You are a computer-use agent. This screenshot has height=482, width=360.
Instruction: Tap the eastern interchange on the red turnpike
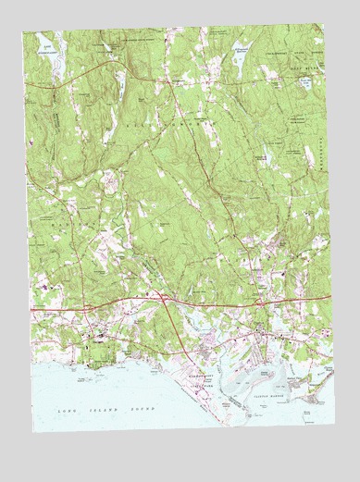click(x=262, y=303)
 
